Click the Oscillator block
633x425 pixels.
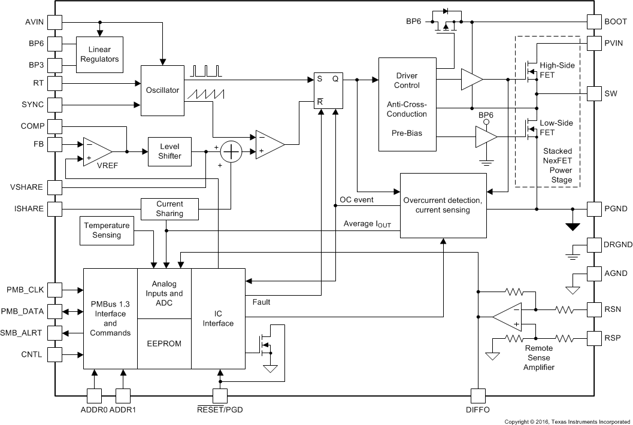(x=162, y=90)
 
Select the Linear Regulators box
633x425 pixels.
(x=99, y=54)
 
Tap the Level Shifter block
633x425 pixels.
(x=169, y=151)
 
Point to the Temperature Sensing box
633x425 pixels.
(x=107, y=230)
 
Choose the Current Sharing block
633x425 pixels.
(x=169, y=209)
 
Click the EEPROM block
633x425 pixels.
(x=164, y=344)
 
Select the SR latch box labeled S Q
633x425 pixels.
(x=329, y=91)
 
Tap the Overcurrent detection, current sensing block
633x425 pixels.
(x=443, y=205)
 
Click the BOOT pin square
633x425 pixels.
(x=594, y=22)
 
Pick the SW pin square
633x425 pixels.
(x=594, y=94)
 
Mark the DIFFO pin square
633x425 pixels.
(x=478, y=396)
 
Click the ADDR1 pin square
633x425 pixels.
(x=123, y=396)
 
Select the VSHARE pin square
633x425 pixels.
(x=54, y=187)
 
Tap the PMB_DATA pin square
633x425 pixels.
(x=54, y=312)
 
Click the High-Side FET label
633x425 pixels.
(x=556, y=70)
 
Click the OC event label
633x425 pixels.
(x=358, y=199)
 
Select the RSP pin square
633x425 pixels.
(x=594, y=338)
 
